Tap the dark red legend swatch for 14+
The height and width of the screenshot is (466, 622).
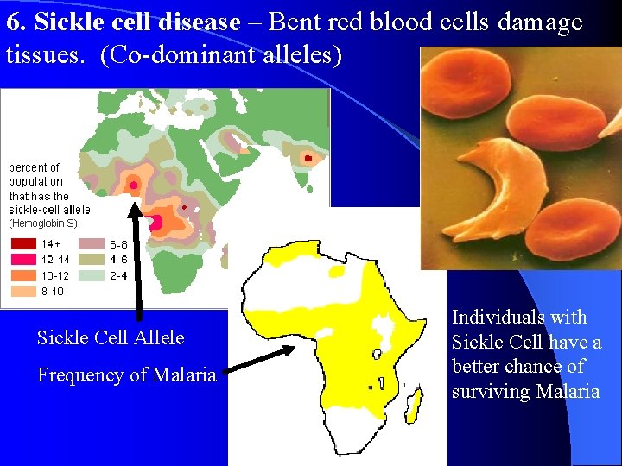point(24,244)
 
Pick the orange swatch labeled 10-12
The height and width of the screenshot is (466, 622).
point(24,275)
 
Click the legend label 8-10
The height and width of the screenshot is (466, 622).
point(53,292)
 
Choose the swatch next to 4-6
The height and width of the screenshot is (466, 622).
point(92,260)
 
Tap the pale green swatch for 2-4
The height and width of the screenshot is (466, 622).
point(92,275)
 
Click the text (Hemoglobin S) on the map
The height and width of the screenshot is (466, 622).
point(42,224)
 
